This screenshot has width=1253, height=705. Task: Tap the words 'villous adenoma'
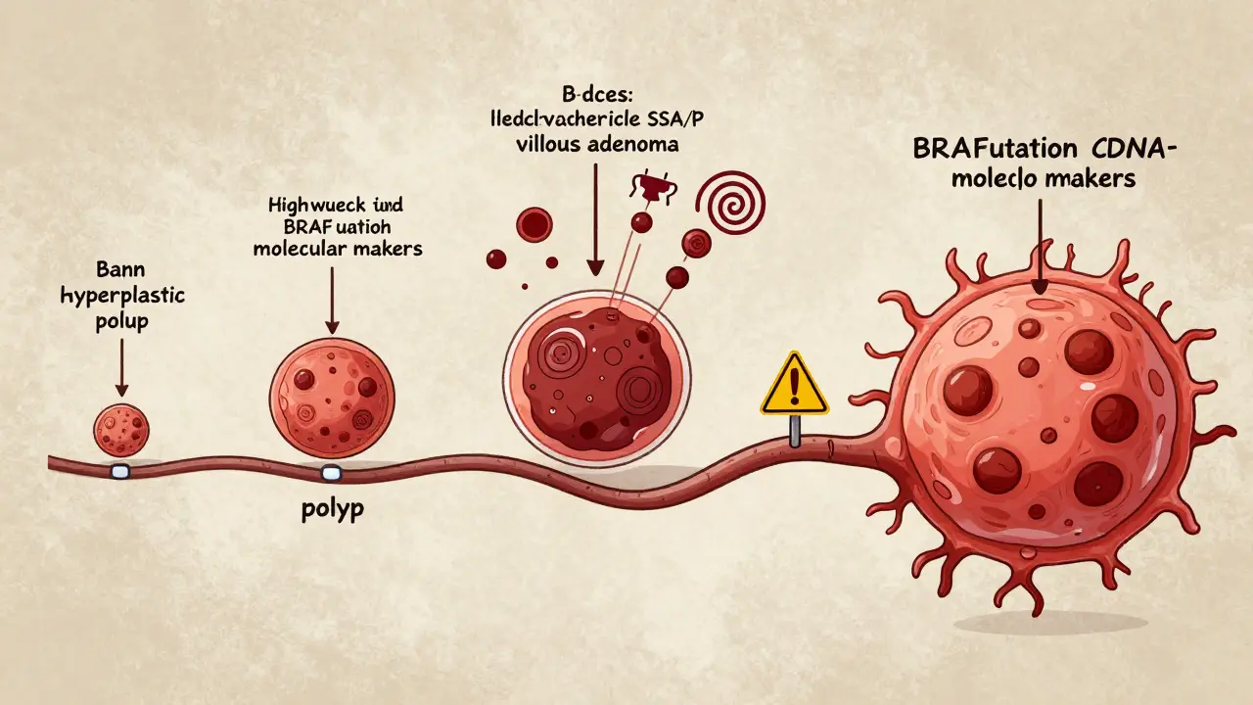[591, 144]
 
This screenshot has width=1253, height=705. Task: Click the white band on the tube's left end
[120, 472]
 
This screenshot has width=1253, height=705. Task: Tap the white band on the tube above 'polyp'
[331, 474]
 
